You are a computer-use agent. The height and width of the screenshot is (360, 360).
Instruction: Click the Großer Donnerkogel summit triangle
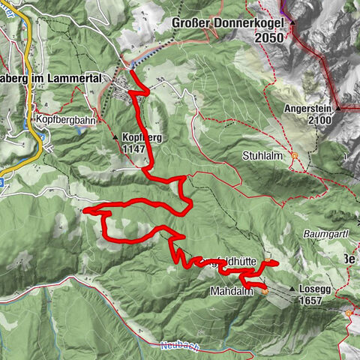point(292,22)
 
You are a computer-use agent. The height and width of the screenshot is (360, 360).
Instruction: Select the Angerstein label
point(309,108)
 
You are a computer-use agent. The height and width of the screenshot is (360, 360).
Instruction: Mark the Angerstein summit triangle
point(338,109)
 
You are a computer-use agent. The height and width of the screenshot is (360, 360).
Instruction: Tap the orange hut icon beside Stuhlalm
point(295,156)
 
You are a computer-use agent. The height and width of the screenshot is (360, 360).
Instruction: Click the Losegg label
point(315,289)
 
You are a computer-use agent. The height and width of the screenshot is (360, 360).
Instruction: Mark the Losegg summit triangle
point(291,289)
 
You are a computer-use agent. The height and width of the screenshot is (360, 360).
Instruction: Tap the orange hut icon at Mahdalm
point(265,289)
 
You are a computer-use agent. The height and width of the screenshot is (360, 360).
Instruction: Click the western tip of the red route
point(85,211)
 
